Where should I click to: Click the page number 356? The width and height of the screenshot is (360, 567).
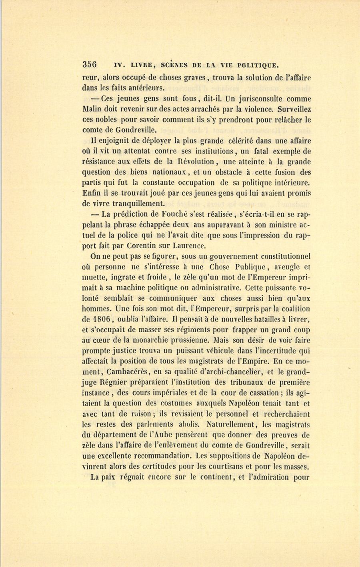(x=90, y=64)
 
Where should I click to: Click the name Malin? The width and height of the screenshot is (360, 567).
(x=92, y=109)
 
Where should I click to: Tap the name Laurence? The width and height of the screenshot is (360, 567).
(x=190, y=246)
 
